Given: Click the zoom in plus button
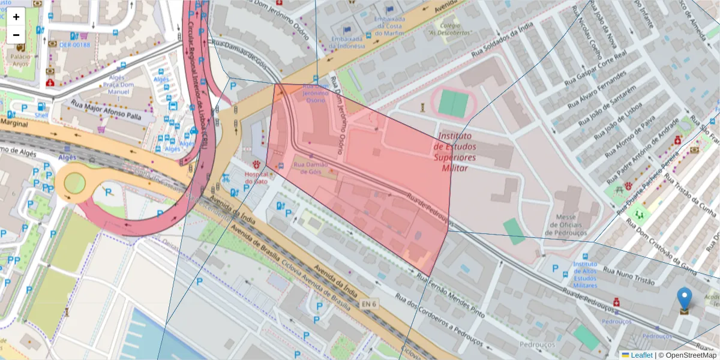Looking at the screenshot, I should point(16,17).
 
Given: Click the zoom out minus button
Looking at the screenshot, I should point(16,34).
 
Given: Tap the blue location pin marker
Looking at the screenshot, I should point(684,299).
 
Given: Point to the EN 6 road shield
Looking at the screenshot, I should point(370,305).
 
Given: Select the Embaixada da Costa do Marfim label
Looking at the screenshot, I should point(391,26).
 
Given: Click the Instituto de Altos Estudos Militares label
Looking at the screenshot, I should point(584,274).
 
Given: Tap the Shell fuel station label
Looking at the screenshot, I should point(41,115).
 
